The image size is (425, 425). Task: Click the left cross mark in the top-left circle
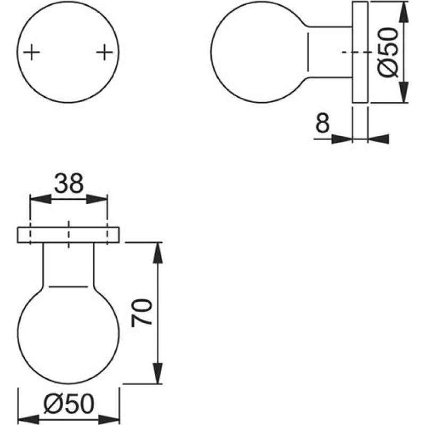[x=32, y=52]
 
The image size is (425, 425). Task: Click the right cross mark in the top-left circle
[x=104, y=52]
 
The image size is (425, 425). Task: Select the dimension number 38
[x=69, y=183]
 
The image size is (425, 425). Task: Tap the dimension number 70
[x=141, y=313]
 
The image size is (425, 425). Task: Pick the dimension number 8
[x=322, y=123]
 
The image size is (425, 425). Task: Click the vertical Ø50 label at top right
[x=388, y=53]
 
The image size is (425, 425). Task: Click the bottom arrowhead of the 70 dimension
[x=157, y=373]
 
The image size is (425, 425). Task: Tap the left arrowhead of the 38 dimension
[x=41, y=199]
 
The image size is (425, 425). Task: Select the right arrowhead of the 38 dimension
[x=97, y=199]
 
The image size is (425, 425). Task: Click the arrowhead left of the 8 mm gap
[x=342, y=139]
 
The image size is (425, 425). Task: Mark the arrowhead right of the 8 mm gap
[x=378, y=139]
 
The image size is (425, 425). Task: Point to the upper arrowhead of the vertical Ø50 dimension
[x=404, y=12]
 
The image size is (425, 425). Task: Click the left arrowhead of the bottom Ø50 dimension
[x=29, y=420]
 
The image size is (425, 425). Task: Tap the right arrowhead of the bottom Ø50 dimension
[x=109, y=420]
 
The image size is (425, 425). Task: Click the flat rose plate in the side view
[x=360, y=52]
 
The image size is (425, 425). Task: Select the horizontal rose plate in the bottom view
[x=69, y=235]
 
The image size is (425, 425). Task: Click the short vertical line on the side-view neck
[x=308, y=52]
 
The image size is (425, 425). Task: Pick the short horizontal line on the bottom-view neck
[x=69, y=286]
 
